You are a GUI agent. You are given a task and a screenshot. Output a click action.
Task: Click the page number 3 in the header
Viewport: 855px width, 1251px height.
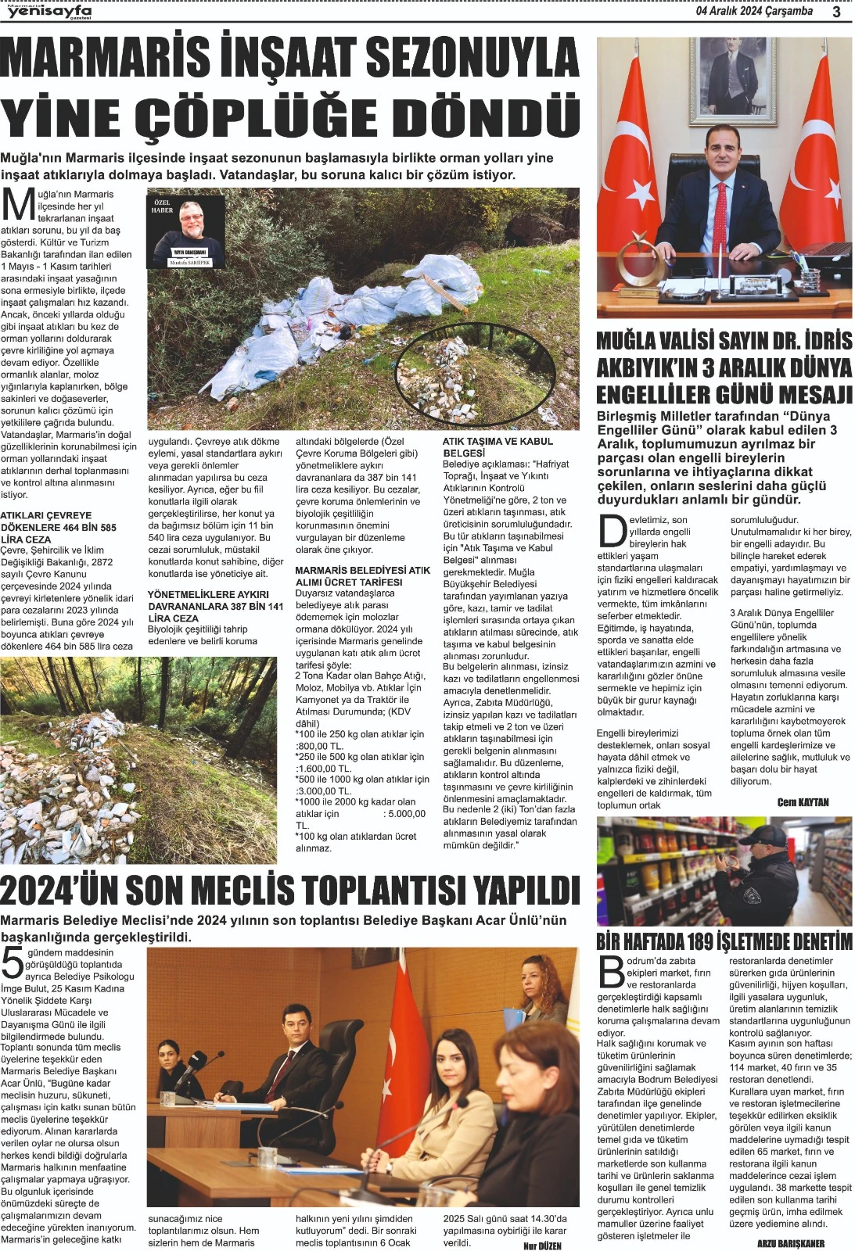pos(836,12)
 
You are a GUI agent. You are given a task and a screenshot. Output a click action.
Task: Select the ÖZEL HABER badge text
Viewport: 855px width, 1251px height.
pos(162,207)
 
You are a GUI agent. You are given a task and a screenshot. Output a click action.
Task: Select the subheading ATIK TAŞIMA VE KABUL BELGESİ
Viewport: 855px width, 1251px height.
pos(498,447)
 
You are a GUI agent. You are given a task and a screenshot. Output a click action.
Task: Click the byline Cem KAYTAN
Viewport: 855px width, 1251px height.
pos(803,802)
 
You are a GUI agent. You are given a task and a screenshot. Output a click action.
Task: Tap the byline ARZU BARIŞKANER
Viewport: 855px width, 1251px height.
pos(791,1243)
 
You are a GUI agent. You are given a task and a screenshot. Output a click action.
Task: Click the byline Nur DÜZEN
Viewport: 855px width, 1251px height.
pos(542,1246)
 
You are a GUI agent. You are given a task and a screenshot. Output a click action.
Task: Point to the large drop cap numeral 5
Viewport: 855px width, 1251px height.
pos(13,964)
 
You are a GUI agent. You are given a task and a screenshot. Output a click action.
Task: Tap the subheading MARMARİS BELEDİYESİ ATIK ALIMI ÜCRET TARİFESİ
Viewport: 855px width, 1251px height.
pos(362,576)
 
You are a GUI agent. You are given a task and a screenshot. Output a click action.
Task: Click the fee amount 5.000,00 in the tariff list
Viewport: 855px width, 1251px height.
pos(404,814)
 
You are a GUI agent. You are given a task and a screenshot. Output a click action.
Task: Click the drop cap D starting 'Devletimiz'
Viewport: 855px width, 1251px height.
pos(612,531)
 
